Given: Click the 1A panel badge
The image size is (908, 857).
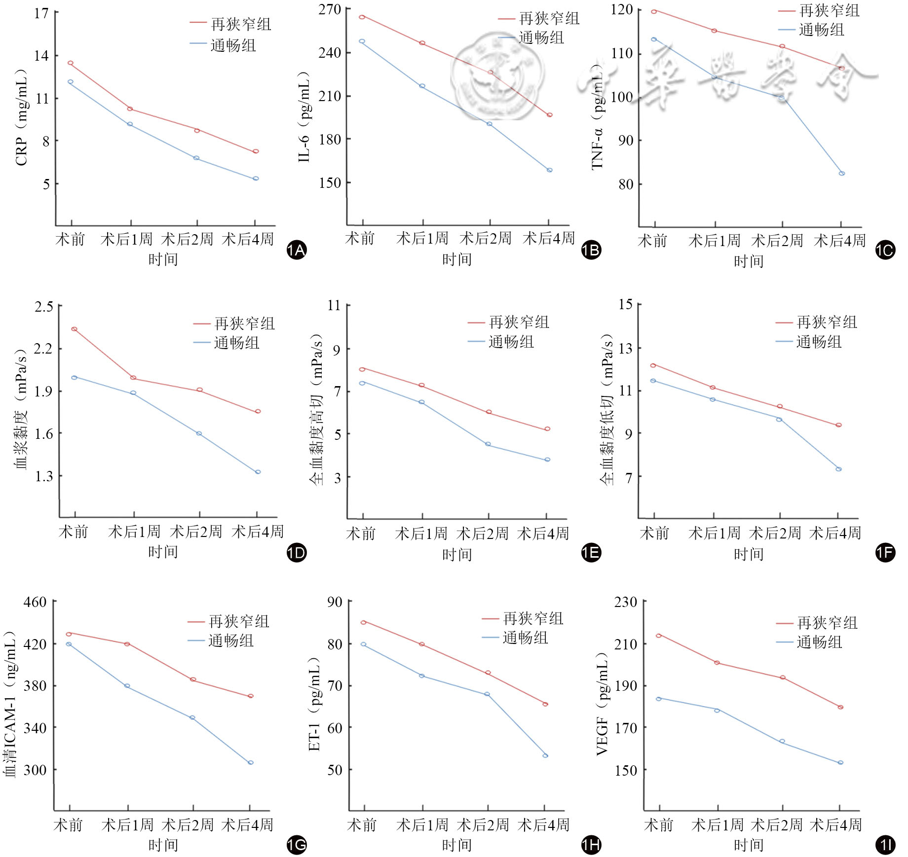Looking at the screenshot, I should click(x=297, y=250).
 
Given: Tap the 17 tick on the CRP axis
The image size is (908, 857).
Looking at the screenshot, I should click(x=41, y=13).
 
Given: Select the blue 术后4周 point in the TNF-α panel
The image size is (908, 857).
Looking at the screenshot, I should click(x=841, y=174).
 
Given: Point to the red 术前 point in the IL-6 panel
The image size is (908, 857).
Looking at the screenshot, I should click(x=362, y=17).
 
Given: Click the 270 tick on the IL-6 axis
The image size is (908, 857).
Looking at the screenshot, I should click(x=330, y=9).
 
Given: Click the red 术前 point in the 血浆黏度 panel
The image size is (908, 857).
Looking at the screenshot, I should click(x=74, y=329).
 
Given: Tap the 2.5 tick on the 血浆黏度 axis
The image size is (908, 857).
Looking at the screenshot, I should click(x=44, y=307).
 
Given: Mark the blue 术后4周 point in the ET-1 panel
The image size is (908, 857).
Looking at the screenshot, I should click(x=545, y=755).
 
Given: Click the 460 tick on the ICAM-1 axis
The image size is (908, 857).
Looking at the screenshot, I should click(x=35, y=602).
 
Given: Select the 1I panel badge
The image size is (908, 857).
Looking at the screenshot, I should click(x=885, y=845).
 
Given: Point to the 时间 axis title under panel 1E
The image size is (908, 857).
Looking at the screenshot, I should click(x=456, y=555).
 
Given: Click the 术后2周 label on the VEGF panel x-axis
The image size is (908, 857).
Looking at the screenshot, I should click(x=776, y=824).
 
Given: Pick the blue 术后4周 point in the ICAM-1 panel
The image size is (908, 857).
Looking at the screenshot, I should click(x=251, y=762).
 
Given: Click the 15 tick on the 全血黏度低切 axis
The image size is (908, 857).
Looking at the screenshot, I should click(x=626, y=304).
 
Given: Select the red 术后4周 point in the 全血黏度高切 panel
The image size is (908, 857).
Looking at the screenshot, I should click(x=547, y=429).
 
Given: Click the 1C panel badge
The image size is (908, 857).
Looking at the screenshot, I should click(x=885, y=250).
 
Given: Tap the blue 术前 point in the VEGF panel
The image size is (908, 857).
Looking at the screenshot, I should click(x=658, y=699).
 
